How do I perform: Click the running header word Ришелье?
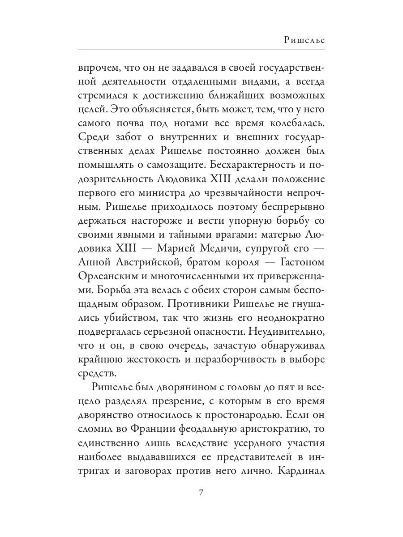pyautogui.click(x=304, y=40)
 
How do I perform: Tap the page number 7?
pyautogui.click(x=201, y=493)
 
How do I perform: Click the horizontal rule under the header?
pyautogui.click(x=201, y=48)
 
